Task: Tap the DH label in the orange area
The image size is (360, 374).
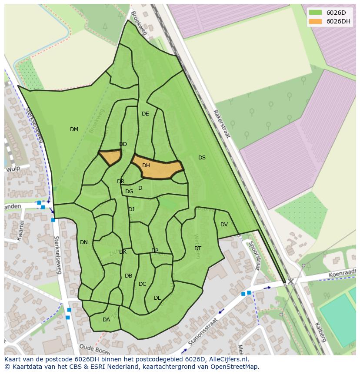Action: (146, 165)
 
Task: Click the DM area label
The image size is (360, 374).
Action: (74, 129)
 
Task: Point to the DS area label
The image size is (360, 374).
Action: (202, 158)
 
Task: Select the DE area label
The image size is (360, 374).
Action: (145, 114)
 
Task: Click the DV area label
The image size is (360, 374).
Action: (224, 225)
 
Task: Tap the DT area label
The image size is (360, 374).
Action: (198, 248)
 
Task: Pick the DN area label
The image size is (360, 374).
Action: (84, 242)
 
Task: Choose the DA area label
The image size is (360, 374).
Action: (106, 320)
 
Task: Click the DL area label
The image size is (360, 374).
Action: (157, 298)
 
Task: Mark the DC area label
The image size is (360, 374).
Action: (142, 284)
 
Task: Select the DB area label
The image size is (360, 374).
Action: (128, 276)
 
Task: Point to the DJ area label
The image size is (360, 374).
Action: (131, 209)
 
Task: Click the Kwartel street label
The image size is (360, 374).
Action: (20, 230)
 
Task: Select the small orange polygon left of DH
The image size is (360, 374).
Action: (110, 157)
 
